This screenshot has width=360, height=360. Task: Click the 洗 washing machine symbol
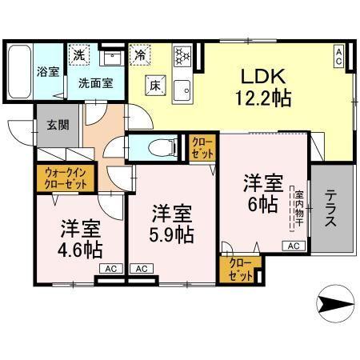pos(78,55)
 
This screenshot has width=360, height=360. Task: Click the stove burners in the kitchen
pos(180,56)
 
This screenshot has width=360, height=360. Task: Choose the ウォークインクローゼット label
pos(64,175)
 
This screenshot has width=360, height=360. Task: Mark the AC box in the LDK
pos(338,56)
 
